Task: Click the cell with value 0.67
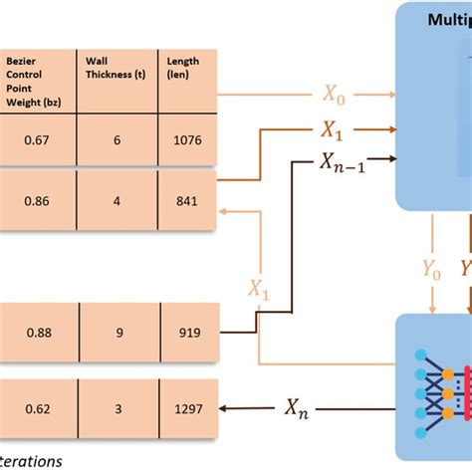[40, 142]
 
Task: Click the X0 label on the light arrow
[334, 95]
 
